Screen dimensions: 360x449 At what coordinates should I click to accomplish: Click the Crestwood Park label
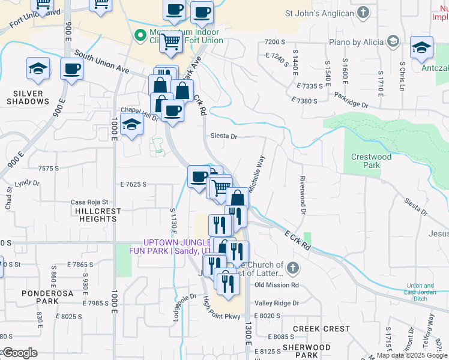[x=371, y=161]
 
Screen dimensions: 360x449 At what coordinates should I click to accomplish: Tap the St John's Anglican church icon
[x=363, y=13]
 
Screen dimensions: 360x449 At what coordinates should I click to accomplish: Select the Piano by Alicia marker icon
[x=393, y=42]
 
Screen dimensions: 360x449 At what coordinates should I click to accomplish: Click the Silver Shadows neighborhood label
[x=28, y=97]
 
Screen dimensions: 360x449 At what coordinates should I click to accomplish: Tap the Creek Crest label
[x=321, y=329]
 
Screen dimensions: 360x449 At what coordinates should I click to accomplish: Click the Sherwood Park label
[x=307, y=351]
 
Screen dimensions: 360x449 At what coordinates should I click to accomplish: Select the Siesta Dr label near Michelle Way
[x=224, y=136]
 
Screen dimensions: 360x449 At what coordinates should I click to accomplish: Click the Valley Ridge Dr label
[x=277, y=304]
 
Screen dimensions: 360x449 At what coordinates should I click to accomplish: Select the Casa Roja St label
[x=89, y=202]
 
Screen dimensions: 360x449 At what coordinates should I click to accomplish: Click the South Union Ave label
[x=102, y=62]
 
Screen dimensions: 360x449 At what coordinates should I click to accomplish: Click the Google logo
[x=20, y=353]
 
